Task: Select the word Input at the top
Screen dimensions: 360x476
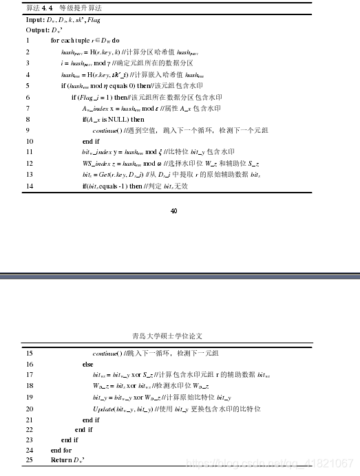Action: pos(35,19)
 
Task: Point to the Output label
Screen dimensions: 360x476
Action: pos(38,30)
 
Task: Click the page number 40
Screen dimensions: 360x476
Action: pos(173,210)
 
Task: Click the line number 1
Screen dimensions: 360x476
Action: pos(28,41)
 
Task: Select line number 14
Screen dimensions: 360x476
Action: pos(29,185)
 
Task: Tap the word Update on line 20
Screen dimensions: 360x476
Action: pos(104,408)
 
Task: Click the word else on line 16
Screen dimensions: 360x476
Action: pos(87,364)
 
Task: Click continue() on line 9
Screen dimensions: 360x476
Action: pos(107,130)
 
